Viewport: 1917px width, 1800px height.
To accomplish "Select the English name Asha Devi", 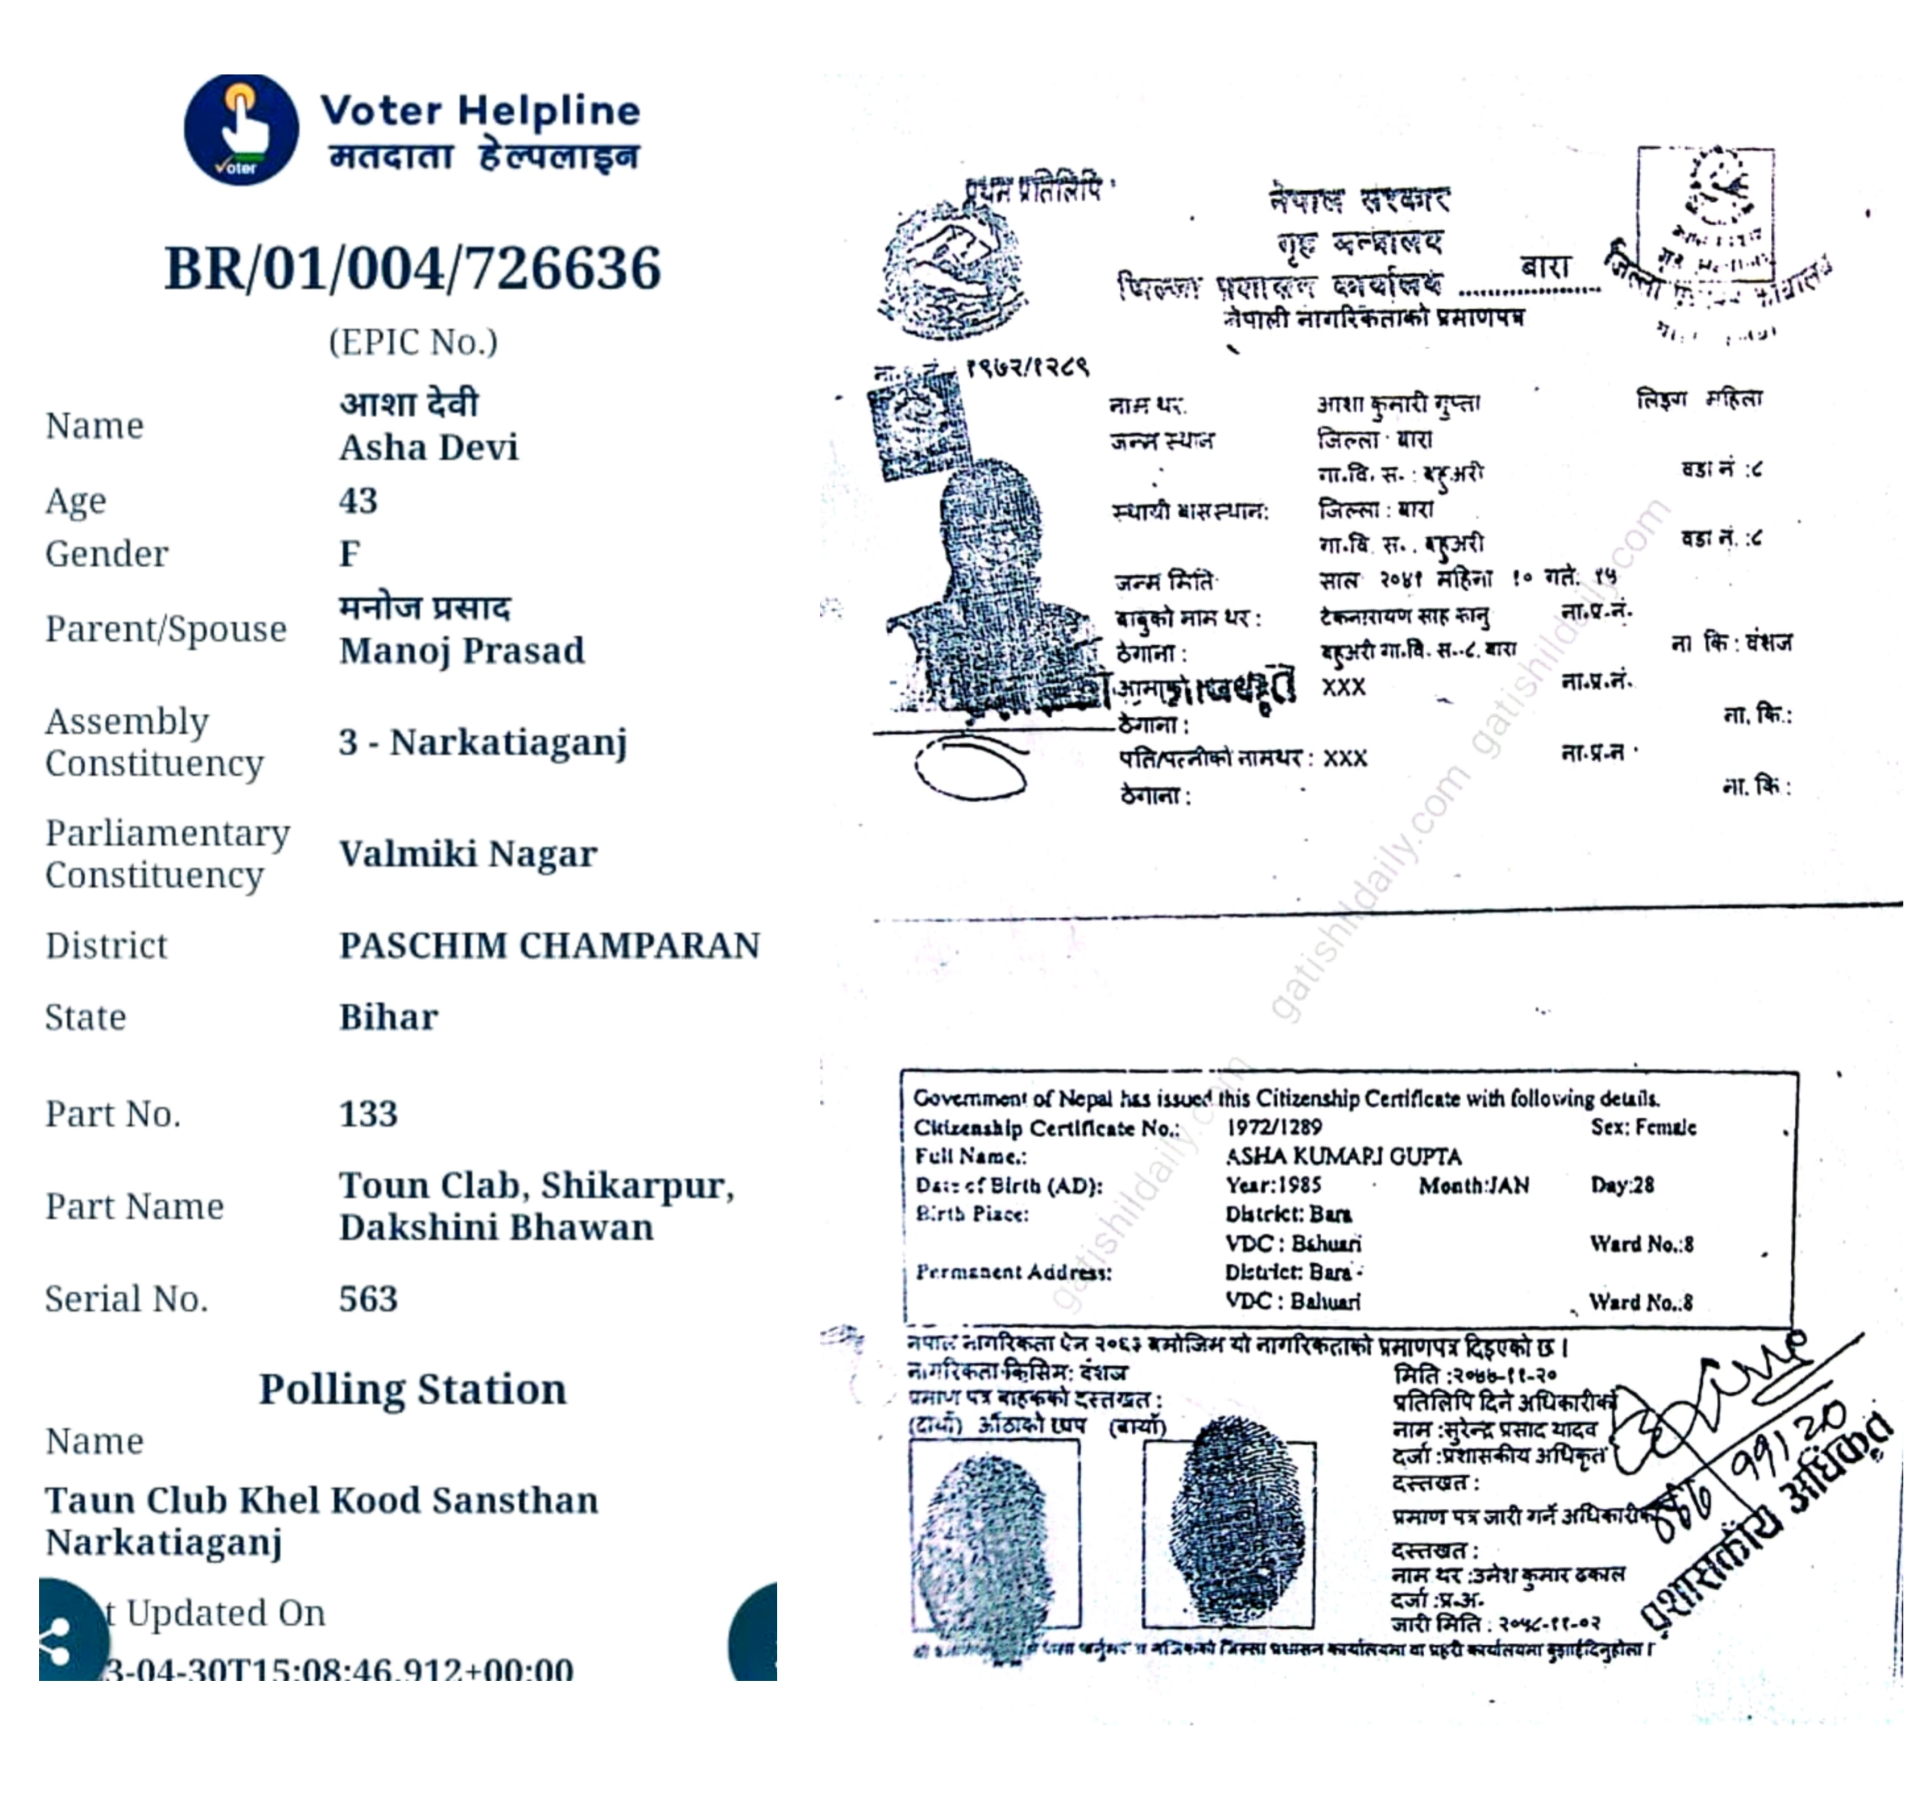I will [428, 447].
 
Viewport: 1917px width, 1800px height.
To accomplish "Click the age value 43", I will [358, 501].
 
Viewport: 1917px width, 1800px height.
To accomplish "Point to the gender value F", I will [349, 554].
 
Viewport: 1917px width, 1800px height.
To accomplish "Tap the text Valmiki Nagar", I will [468, 854].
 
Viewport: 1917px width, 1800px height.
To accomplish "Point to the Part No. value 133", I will [368, 1113].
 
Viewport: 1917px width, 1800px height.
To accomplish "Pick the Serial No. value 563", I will [368, 1299].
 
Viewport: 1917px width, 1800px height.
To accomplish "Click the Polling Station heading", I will [413, 1389].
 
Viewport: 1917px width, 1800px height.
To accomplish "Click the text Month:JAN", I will [1473, 1185].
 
